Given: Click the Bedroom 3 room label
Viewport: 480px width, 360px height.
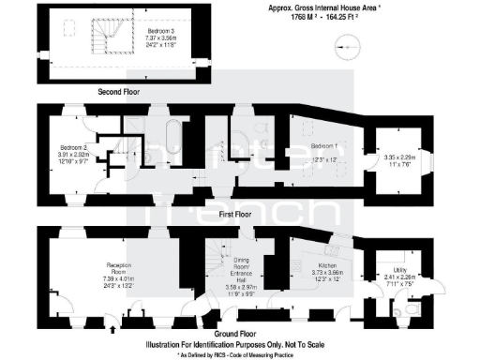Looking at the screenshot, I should click(x=159, y=31).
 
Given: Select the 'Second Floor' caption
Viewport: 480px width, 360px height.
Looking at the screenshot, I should click(x=121, y=92).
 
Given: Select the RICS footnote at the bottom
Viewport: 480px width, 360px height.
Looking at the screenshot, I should click(x=240, y=355).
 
